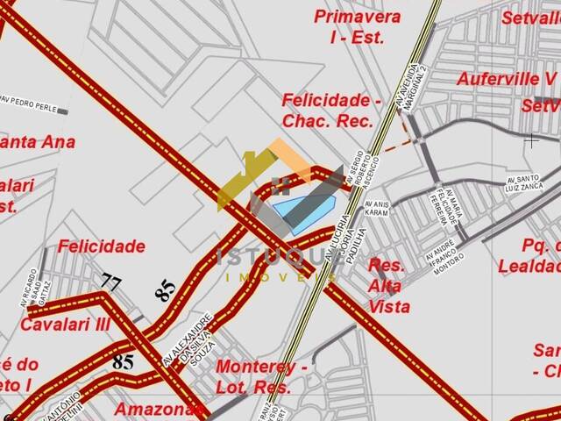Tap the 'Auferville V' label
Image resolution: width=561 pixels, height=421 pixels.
click(507, 78)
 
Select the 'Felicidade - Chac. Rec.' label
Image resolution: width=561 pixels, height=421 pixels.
click(331, 111)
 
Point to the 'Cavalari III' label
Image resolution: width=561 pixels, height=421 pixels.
click(66, 324)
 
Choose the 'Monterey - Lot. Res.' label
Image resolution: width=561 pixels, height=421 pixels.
click(261, 376)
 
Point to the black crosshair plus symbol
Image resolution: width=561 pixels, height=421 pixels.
click(531, 139)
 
